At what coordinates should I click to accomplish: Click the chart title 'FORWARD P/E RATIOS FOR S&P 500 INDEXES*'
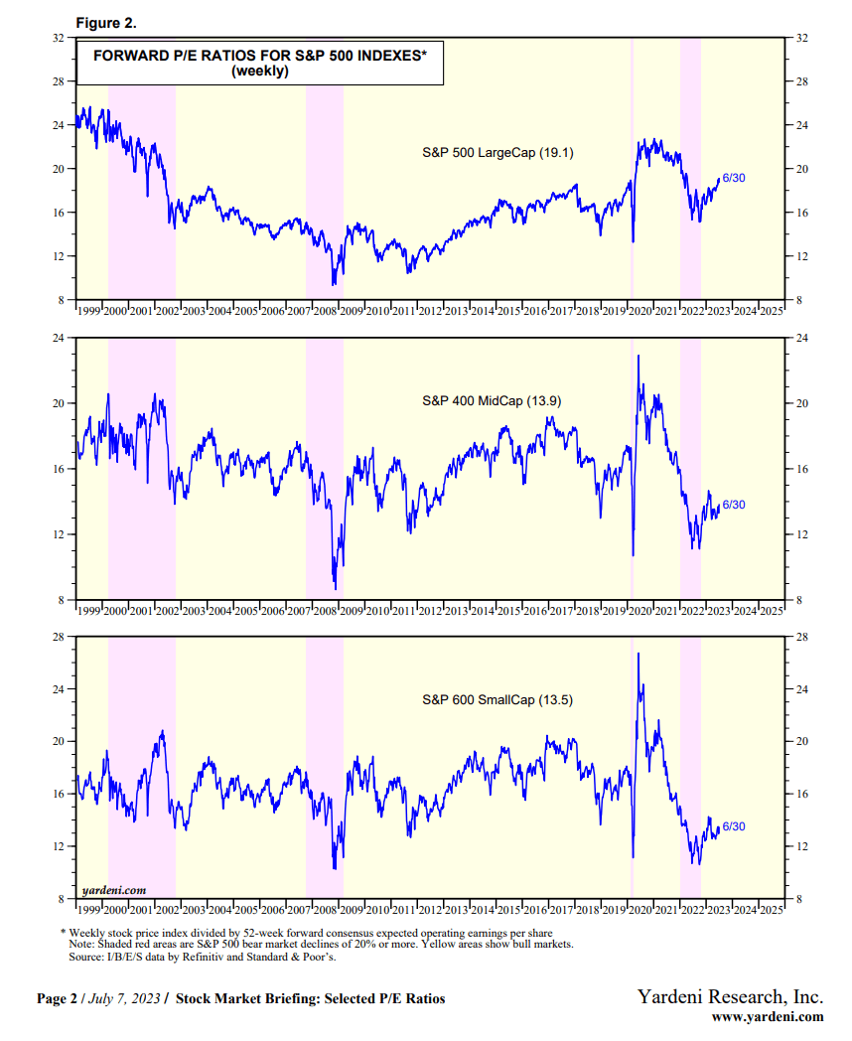259,57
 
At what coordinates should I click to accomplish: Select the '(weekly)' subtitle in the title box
259,72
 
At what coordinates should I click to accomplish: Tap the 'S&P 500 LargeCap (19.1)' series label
497,152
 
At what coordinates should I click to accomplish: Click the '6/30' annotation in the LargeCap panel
734,177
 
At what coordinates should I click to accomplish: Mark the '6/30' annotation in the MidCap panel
734,505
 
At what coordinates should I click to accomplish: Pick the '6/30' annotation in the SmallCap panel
734,826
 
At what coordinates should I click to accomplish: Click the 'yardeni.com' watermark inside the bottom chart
114,890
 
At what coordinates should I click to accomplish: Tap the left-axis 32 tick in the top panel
58,38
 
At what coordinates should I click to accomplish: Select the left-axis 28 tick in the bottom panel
58,637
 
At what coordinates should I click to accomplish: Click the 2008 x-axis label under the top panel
325,311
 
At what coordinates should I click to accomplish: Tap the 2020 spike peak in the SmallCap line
638,654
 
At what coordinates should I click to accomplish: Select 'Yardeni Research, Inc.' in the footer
730,996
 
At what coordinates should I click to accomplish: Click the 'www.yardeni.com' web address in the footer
768,1016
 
